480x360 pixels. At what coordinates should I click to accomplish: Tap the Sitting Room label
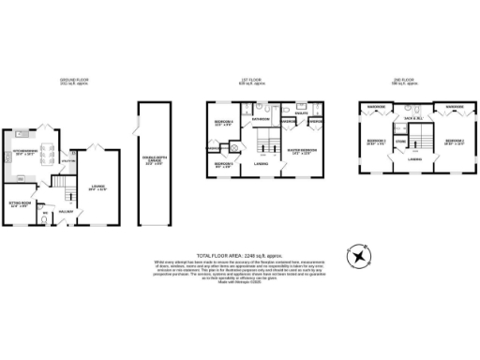20,203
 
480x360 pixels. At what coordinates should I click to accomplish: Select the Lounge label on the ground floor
98,187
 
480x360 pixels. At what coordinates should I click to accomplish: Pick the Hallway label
66,212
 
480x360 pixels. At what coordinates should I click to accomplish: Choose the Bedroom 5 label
222,165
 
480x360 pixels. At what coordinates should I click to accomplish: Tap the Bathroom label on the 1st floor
260,119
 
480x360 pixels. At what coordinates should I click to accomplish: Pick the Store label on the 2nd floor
400,142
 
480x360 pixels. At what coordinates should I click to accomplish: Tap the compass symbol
358,257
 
